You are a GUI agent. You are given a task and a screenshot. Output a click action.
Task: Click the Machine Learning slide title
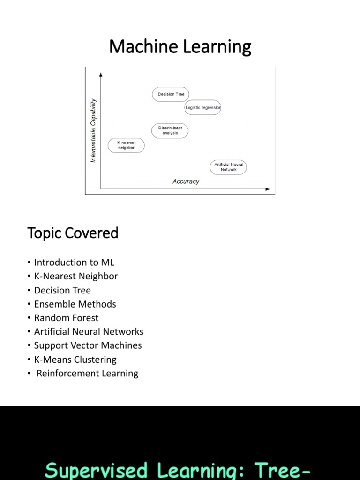[x=180, y=47]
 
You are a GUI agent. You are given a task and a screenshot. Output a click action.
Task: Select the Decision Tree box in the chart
[x=171, y=94]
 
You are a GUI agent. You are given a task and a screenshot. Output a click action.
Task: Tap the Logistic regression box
[x=203, y=108]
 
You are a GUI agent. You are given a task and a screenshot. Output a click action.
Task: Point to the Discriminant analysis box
[x=170, y=130]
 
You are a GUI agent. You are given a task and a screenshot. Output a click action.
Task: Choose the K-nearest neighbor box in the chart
[x=126, y=145]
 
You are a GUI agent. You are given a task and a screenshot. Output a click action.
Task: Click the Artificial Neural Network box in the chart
[x=228, y=167]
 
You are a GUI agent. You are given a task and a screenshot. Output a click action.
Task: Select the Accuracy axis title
[x=186, y=181]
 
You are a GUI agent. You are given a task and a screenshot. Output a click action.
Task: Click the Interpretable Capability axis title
[x=93, y=130]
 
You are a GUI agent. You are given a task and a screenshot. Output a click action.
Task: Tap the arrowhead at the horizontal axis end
[x=268, y=189]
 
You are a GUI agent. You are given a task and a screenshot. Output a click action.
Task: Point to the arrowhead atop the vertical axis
[x=101, y=74]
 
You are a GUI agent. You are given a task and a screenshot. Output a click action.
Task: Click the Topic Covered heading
[x=73, y=233]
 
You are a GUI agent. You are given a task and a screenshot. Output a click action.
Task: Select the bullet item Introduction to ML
[x=74, y=262]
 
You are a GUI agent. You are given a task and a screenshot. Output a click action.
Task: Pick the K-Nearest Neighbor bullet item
[x=76, y=276]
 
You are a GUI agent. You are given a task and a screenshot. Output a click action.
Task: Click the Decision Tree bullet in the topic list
[x=62, y=290]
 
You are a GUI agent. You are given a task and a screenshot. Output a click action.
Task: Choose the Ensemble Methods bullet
[x=75, y=304]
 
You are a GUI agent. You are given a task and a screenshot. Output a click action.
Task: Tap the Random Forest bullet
[x=66, y=318]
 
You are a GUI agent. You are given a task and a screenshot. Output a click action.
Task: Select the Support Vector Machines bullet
[x=88, y=345]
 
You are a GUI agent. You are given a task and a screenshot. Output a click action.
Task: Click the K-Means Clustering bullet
[x=75, y=360]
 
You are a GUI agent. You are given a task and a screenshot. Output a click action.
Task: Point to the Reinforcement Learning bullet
[x=87, y=374]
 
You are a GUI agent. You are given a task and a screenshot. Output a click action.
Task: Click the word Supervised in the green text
[x=96, y=470]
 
